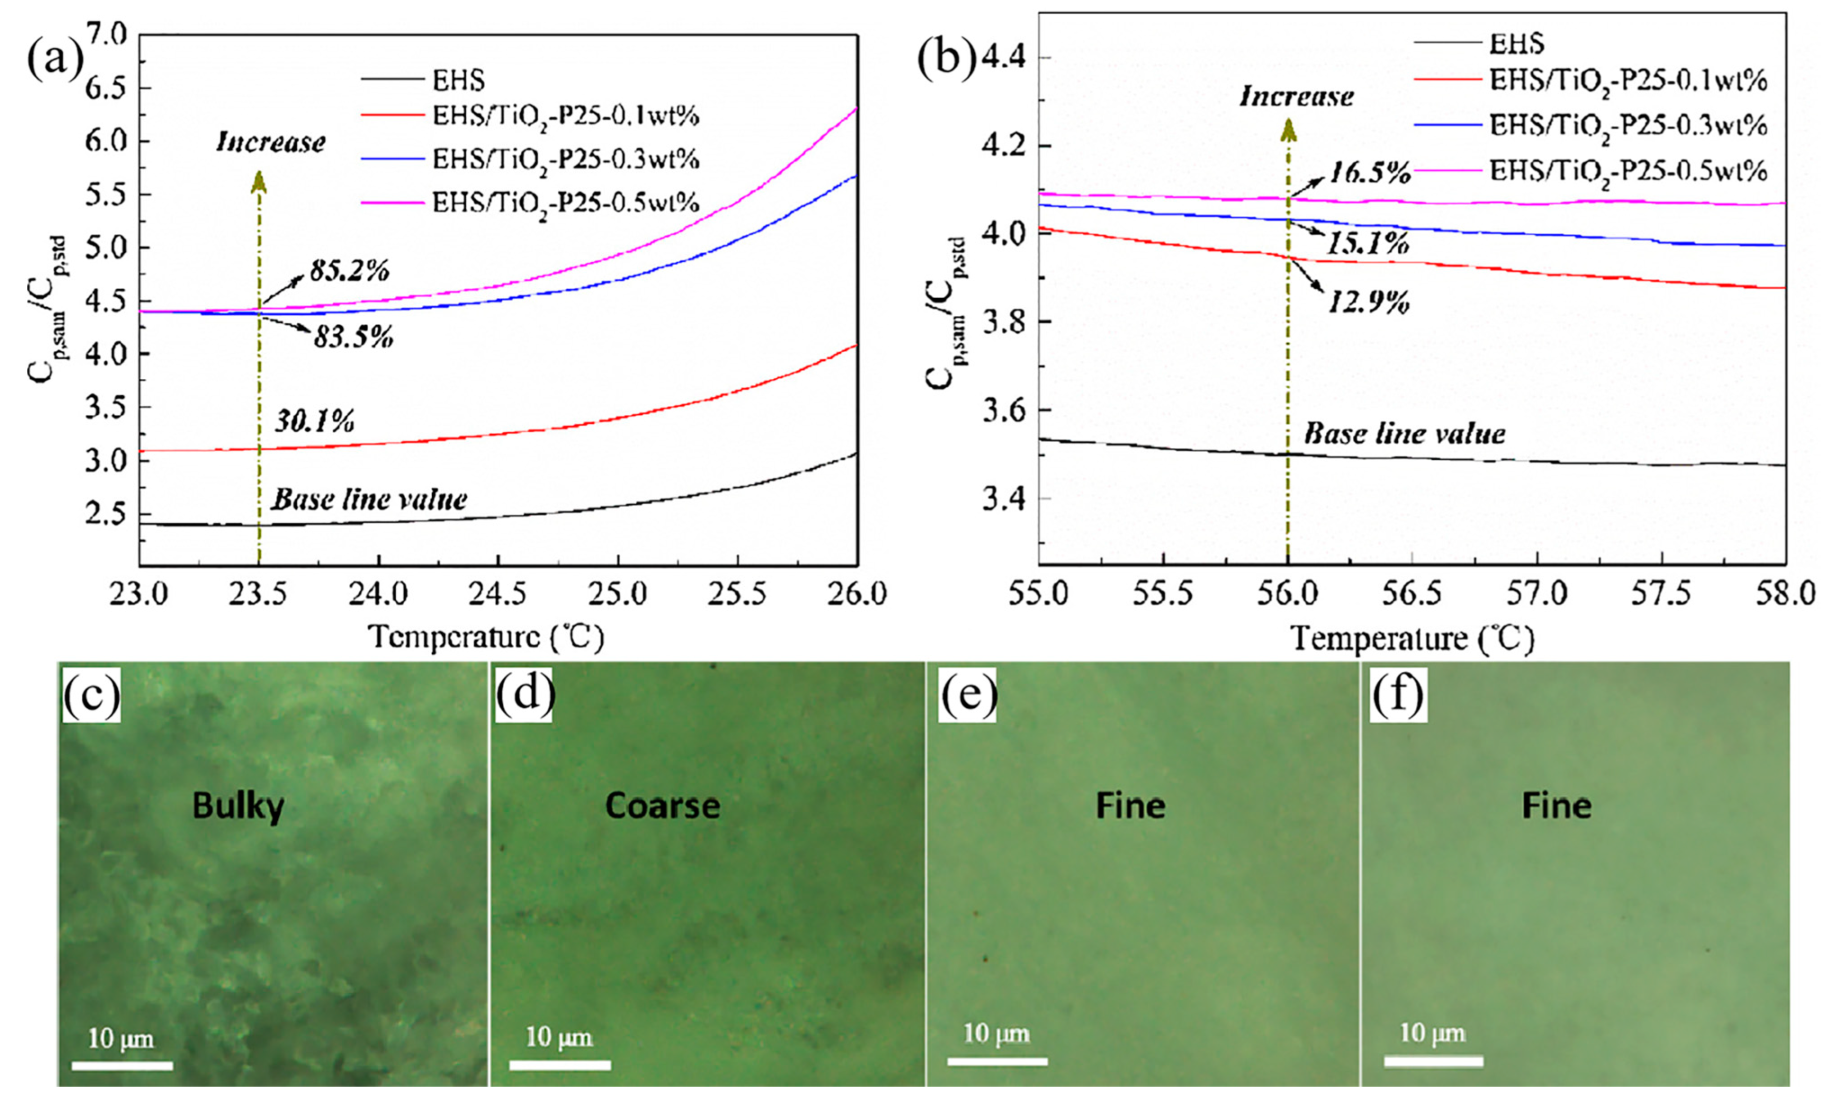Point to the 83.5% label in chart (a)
point(353,338)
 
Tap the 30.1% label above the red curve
point(315,422)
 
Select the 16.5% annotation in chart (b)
point(1370,173)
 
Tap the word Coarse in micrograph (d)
point(662,806)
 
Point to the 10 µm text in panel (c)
point(121,1038)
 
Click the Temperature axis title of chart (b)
point(1411,638)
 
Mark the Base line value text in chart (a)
point(369,499)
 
